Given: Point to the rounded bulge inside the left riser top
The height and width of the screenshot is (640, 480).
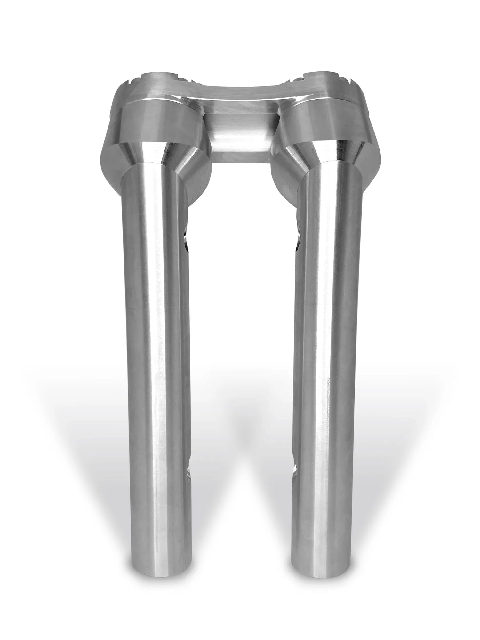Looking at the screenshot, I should pyautogui.click(x=198, y=186).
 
